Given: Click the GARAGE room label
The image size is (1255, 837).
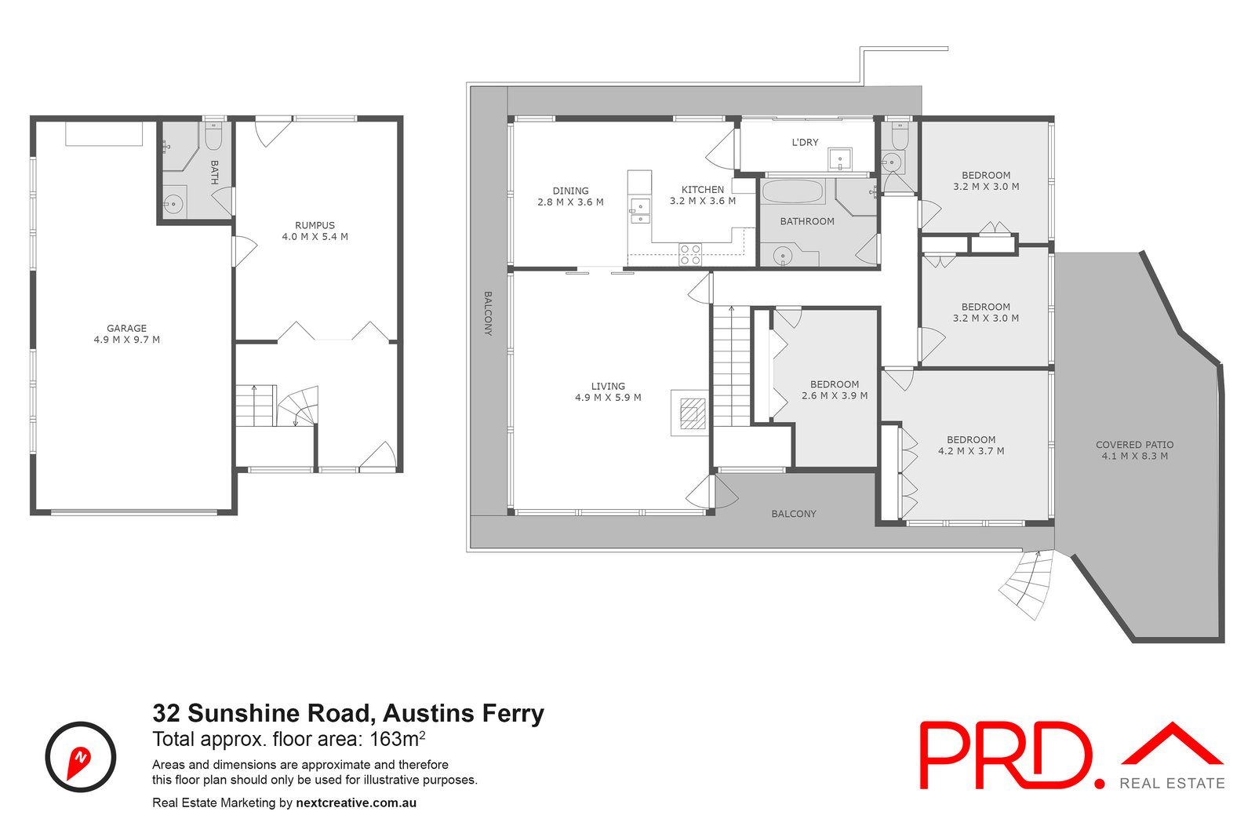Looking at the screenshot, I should [x=126, y=329].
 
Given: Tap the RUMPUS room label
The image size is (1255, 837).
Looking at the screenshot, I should [x=315, y=225].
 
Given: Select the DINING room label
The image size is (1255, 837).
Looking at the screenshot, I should [x=570, y=191].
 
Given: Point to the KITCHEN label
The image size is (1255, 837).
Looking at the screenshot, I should [x=702, y=190].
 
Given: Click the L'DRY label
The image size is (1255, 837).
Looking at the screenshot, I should [x=805, y=142].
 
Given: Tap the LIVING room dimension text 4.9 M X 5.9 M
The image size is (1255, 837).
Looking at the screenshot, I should [x=608, y=398].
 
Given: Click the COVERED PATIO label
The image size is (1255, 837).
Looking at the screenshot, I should [x=1134, y=445].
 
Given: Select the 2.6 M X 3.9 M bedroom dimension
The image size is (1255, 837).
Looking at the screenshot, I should [x=835, y=396].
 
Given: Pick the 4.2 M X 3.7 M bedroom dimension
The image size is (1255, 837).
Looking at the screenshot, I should [x=971, y=451].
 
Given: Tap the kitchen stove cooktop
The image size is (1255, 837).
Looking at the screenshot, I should [x=690, y=254].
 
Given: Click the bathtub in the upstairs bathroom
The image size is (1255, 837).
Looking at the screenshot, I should [x=793, y=192].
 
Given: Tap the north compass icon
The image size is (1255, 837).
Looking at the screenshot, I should [x=81, y=757].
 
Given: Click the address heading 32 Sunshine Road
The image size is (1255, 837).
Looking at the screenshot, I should [x=347, y=713].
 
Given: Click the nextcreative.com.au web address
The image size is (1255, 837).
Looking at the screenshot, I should [x=356, y=802].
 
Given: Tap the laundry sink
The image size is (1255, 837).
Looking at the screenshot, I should [x=840, y=159].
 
